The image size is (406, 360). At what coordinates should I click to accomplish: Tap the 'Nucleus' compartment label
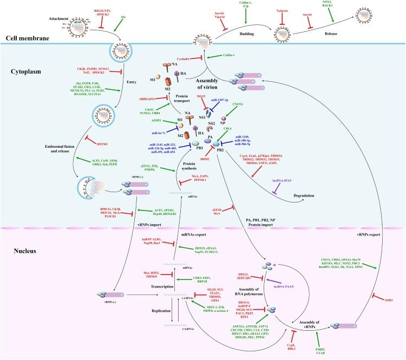22,237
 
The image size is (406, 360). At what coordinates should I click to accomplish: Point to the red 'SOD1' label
385,299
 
